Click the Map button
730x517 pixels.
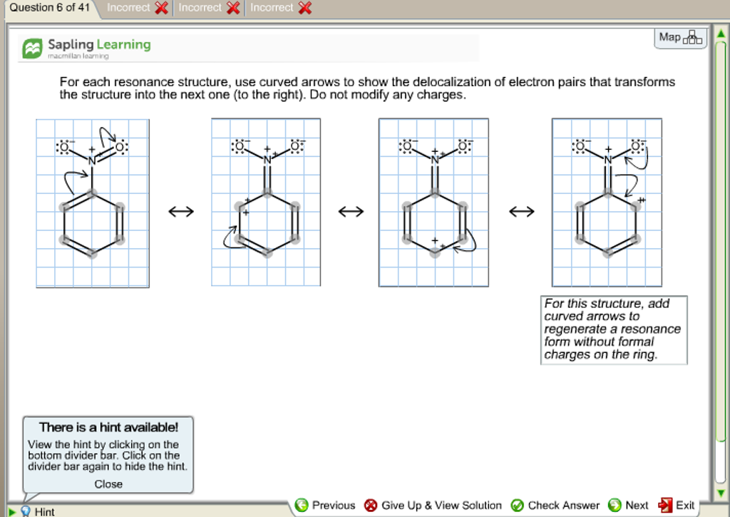click(680, 38)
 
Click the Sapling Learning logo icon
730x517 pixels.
click(33, 48)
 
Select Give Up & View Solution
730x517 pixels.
click(433, 506)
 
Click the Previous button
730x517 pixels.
click(325, 506)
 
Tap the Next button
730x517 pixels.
click(628, 506)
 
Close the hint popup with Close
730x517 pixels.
click(108, 484)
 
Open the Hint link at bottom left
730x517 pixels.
click(43, 511)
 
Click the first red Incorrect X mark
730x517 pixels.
click(162, 8)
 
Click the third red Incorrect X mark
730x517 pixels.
click(305, 8)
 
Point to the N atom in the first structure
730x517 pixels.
click(91, 161)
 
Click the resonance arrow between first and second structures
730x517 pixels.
click(180, 212)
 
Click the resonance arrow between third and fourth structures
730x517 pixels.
click(521, 212)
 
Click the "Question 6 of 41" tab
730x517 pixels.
click(46, 8)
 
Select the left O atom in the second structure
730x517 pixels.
click(239, 148)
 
